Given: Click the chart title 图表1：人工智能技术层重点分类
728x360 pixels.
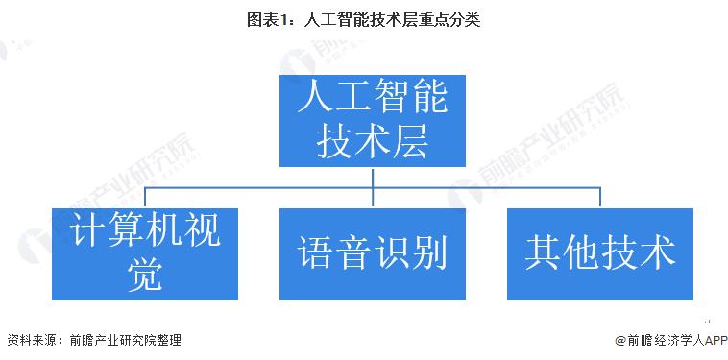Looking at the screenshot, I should [364, 18].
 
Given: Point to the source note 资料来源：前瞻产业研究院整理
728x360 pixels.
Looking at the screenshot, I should [93, 340].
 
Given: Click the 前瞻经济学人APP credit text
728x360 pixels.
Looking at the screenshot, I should [667, 340].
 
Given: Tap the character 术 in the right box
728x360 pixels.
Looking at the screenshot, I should [656, 252].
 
